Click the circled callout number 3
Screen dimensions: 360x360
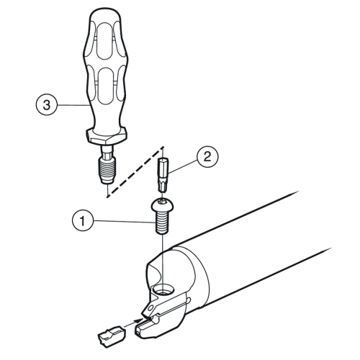[x=47, y=105]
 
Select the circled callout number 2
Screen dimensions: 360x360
[x=207, y=157]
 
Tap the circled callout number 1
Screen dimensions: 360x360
[x=82, y=221]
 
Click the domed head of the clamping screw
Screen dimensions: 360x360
[x=162, y=205]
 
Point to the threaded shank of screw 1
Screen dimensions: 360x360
[x=162, y=222]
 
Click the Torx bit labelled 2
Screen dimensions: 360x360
[x=163, y=174]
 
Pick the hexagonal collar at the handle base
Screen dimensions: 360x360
[x=106, y=137]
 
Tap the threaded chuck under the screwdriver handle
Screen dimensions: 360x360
[x=107, y=169]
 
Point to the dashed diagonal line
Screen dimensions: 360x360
[x=135, y=171]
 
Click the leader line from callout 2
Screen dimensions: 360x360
[x=183, y=166]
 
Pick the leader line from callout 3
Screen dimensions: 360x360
[x=73, y=105]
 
